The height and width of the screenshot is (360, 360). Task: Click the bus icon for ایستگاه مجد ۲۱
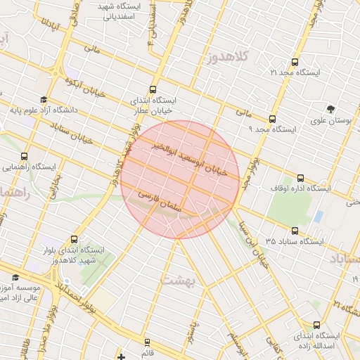point(294,62)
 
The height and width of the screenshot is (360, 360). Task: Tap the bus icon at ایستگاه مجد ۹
point(272,119)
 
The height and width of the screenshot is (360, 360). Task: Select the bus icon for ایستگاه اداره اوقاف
point(301,178)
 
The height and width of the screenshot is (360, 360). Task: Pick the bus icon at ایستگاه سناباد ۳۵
point(294,231)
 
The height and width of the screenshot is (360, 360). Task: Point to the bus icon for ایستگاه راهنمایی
point(25,157)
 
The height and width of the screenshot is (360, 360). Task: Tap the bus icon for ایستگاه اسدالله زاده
point(316,325)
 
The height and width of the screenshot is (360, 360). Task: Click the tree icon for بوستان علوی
point(331,108)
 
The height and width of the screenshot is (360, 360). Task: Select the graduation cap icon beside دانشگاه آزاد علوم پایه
point(44,100)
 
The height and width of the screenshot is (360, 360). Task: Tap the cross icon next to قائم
point(122,356)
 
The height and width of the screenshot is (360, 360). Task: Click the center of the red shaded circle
point(180,180)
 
